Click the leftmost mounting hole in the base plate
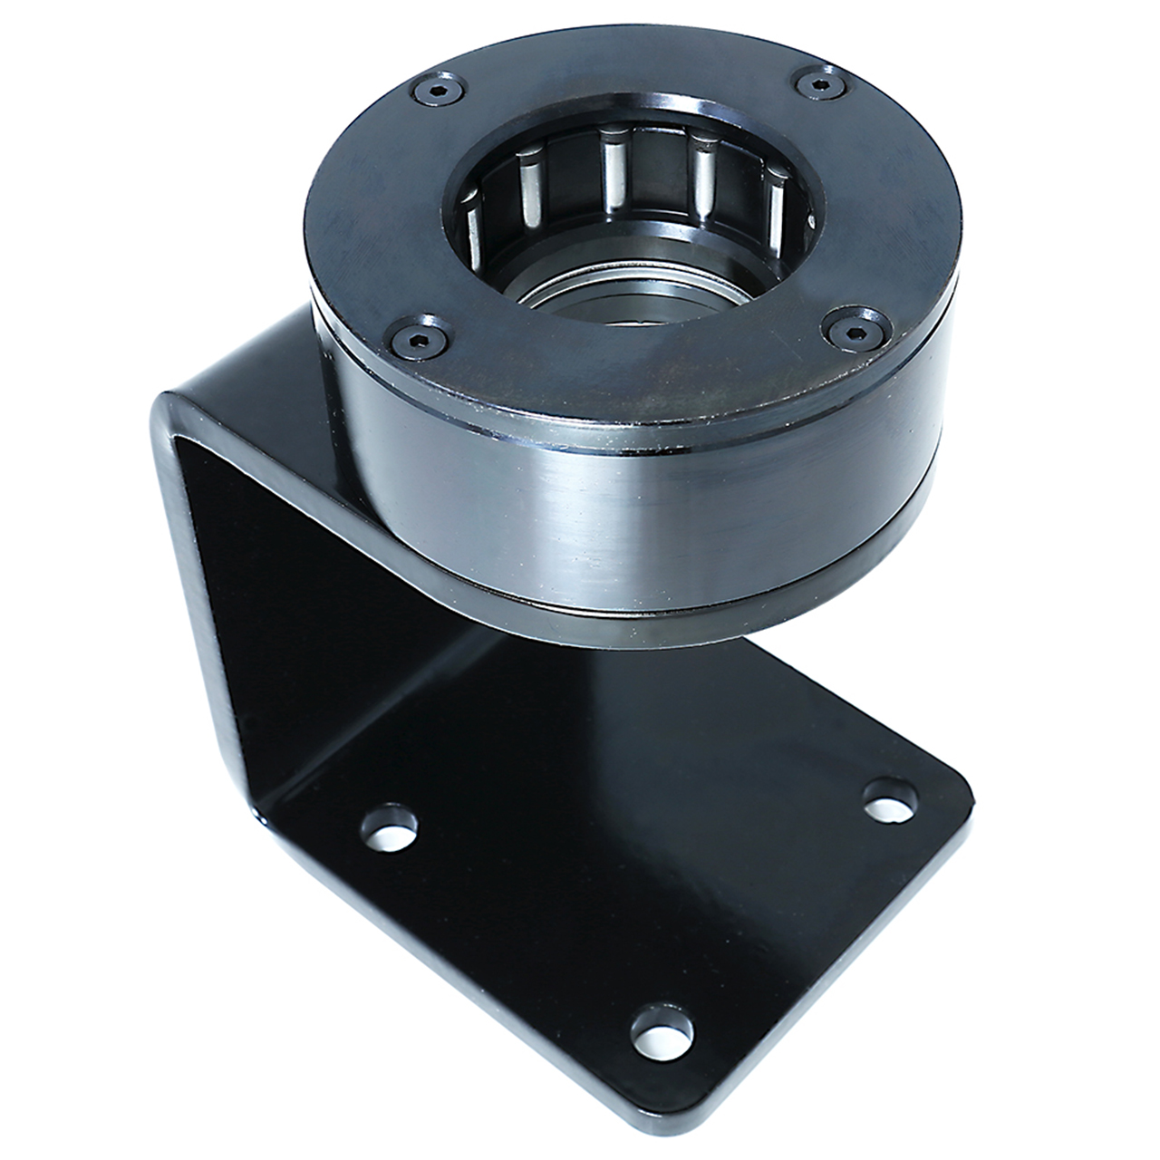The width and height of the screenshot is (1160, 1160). click(x=389, y=826)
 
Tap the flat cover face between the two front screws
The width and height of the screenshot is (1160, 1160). click(x=634, y=381)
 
